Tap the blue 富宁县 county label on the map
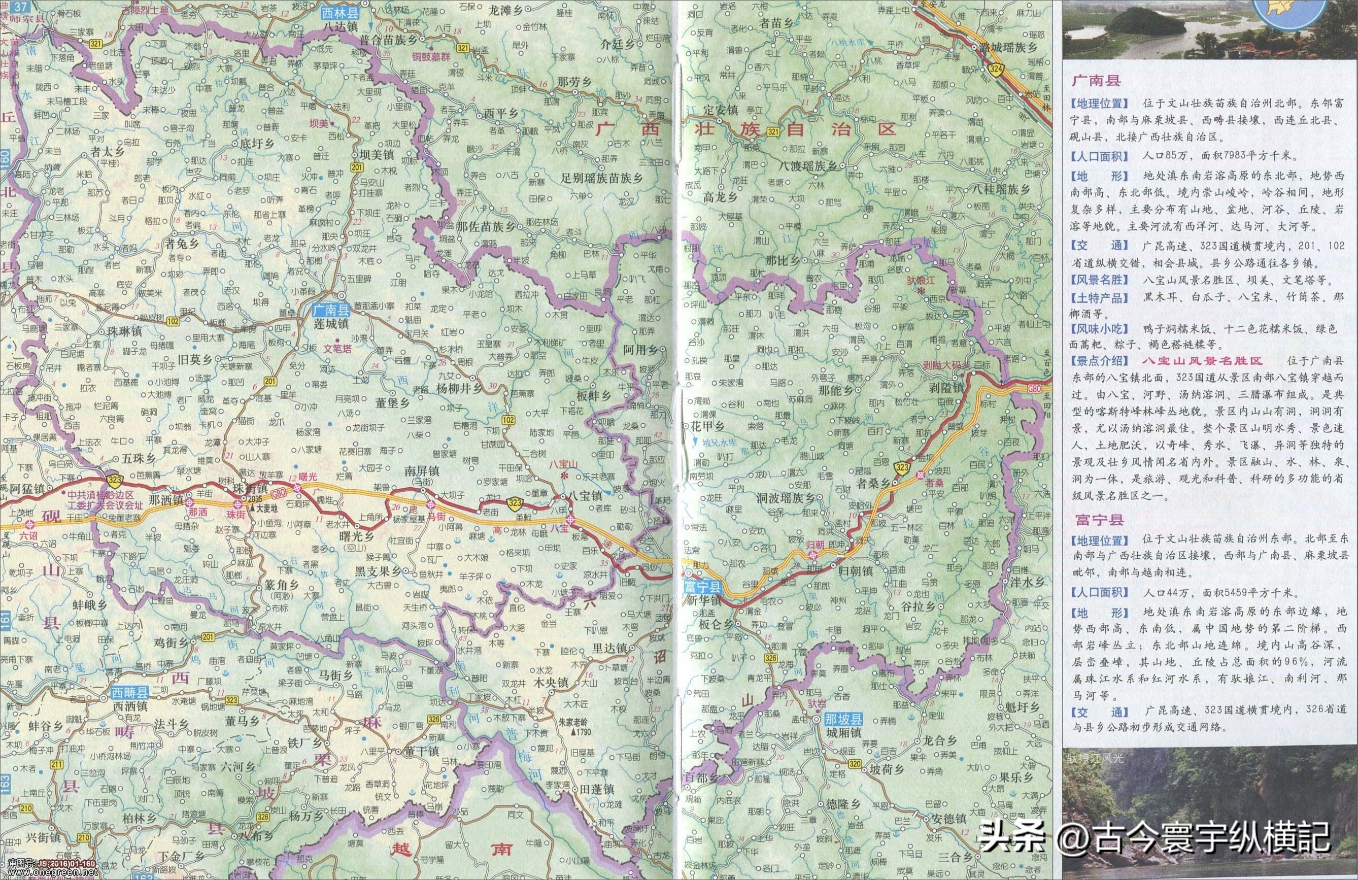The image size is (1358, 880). pyautogui.click(x=702, y=586)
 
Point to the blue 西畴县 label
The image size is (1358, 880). pyautogui.click(x=129, y=693)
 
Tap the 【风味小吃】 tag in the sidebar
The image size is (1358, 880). pyautogui.click(x=1091, y=329)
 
